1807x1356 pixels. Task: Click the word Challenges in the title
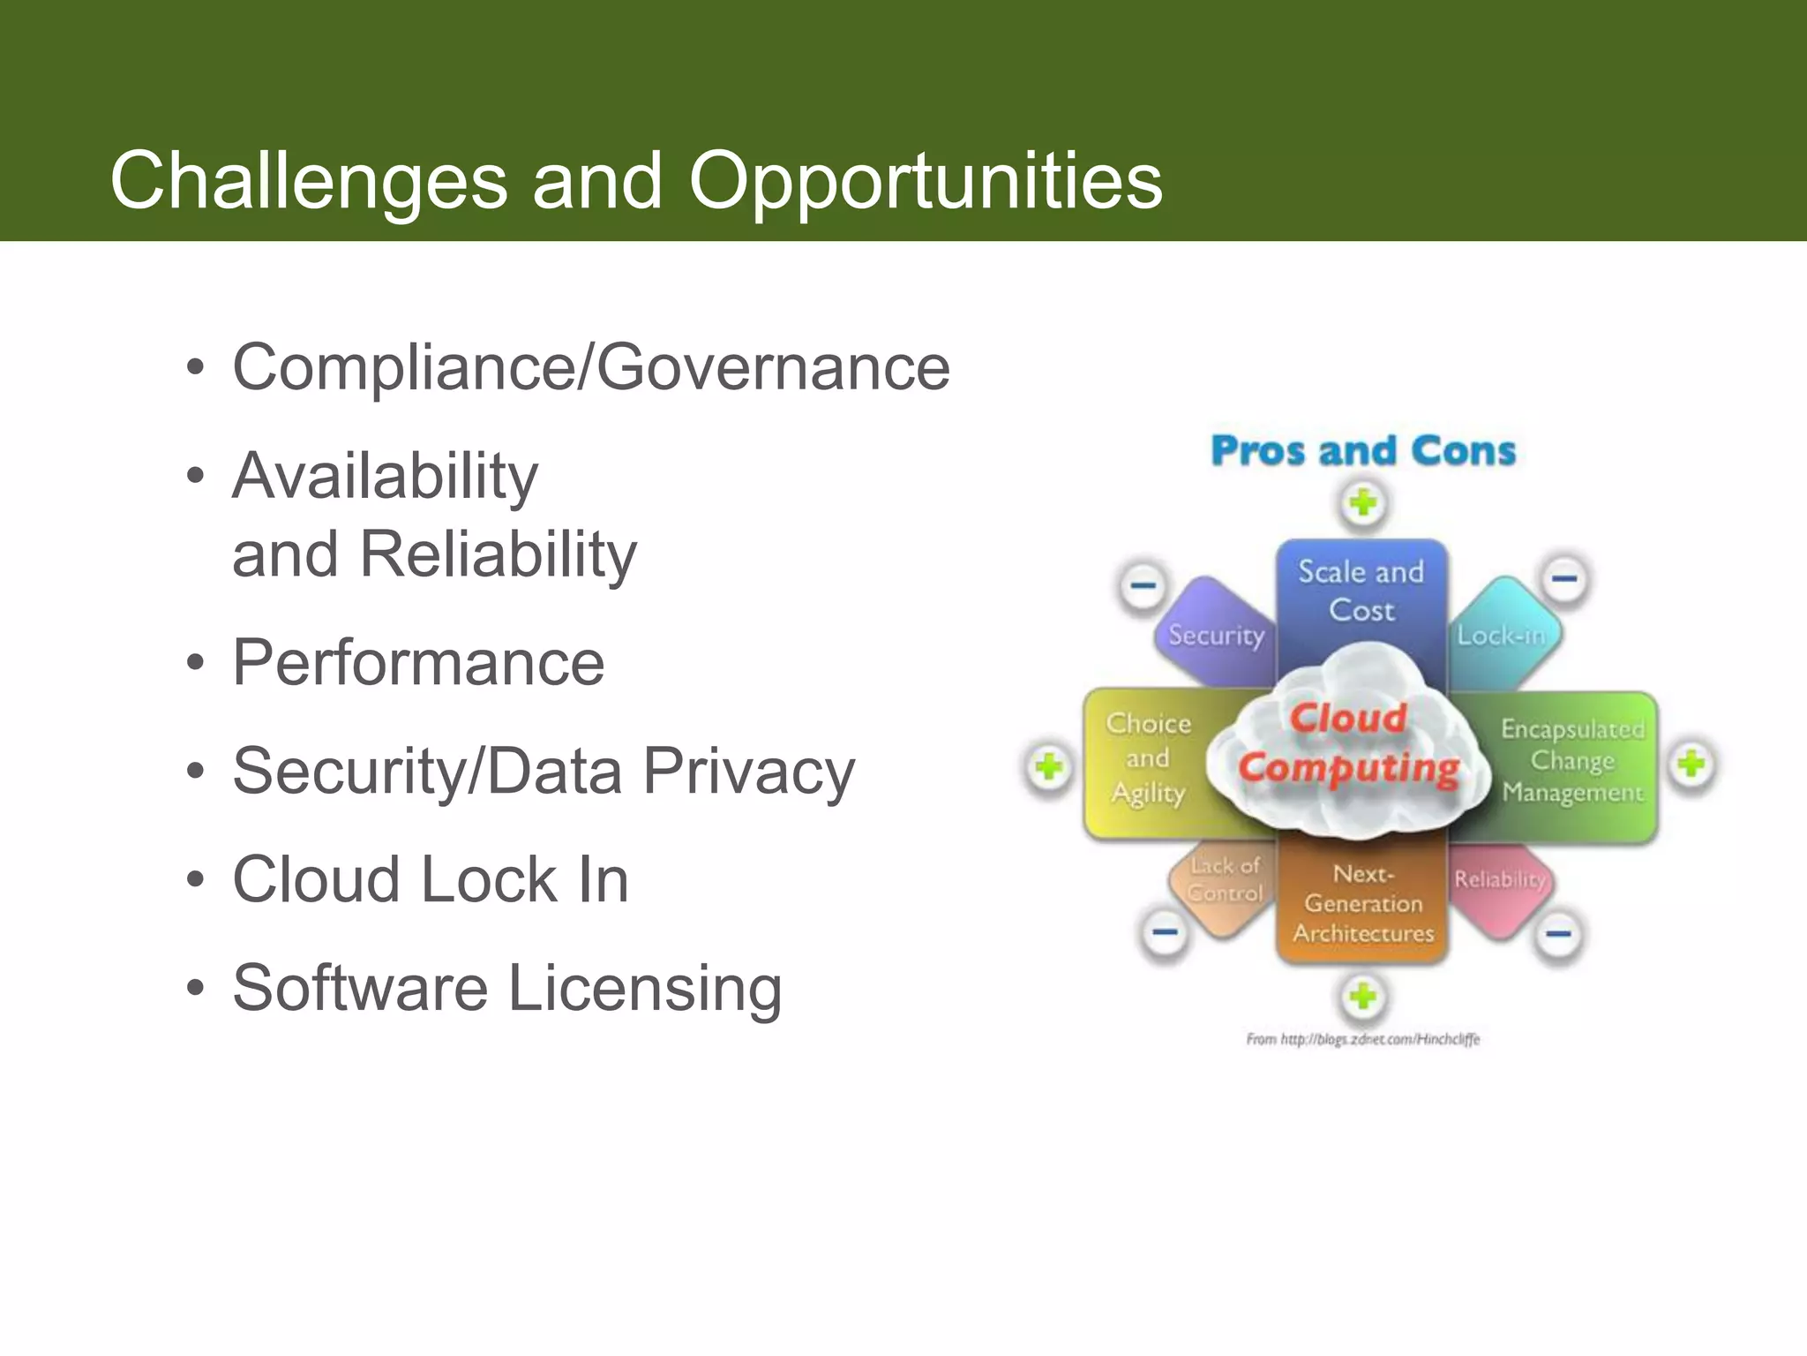click(308, 181)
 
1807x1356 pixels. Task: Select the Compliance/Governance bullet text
click(590, 367)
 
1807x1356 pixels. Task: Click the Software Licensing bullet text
click(506, 988)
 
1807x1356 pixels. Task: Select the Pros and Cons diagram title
click(1363, 451)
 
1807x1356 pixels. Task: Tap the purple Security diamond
click(1215, 635)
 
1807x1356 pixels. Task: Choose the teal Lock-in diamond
click(1502, 635)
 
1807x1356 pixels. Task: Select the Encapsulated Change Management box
click(1573, 762)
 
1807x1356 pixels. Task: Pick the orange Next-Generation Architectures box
click(1363, 904)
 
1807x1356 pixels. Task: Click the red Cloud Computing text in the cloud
click(1348, 744)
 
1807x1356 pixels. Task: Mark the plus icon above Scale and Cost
click(1363, 504)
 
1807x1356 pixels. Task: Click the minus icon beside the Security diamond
click(1143, 585)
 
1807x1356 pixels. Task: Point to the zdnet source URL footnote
click(1362, 1040)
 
